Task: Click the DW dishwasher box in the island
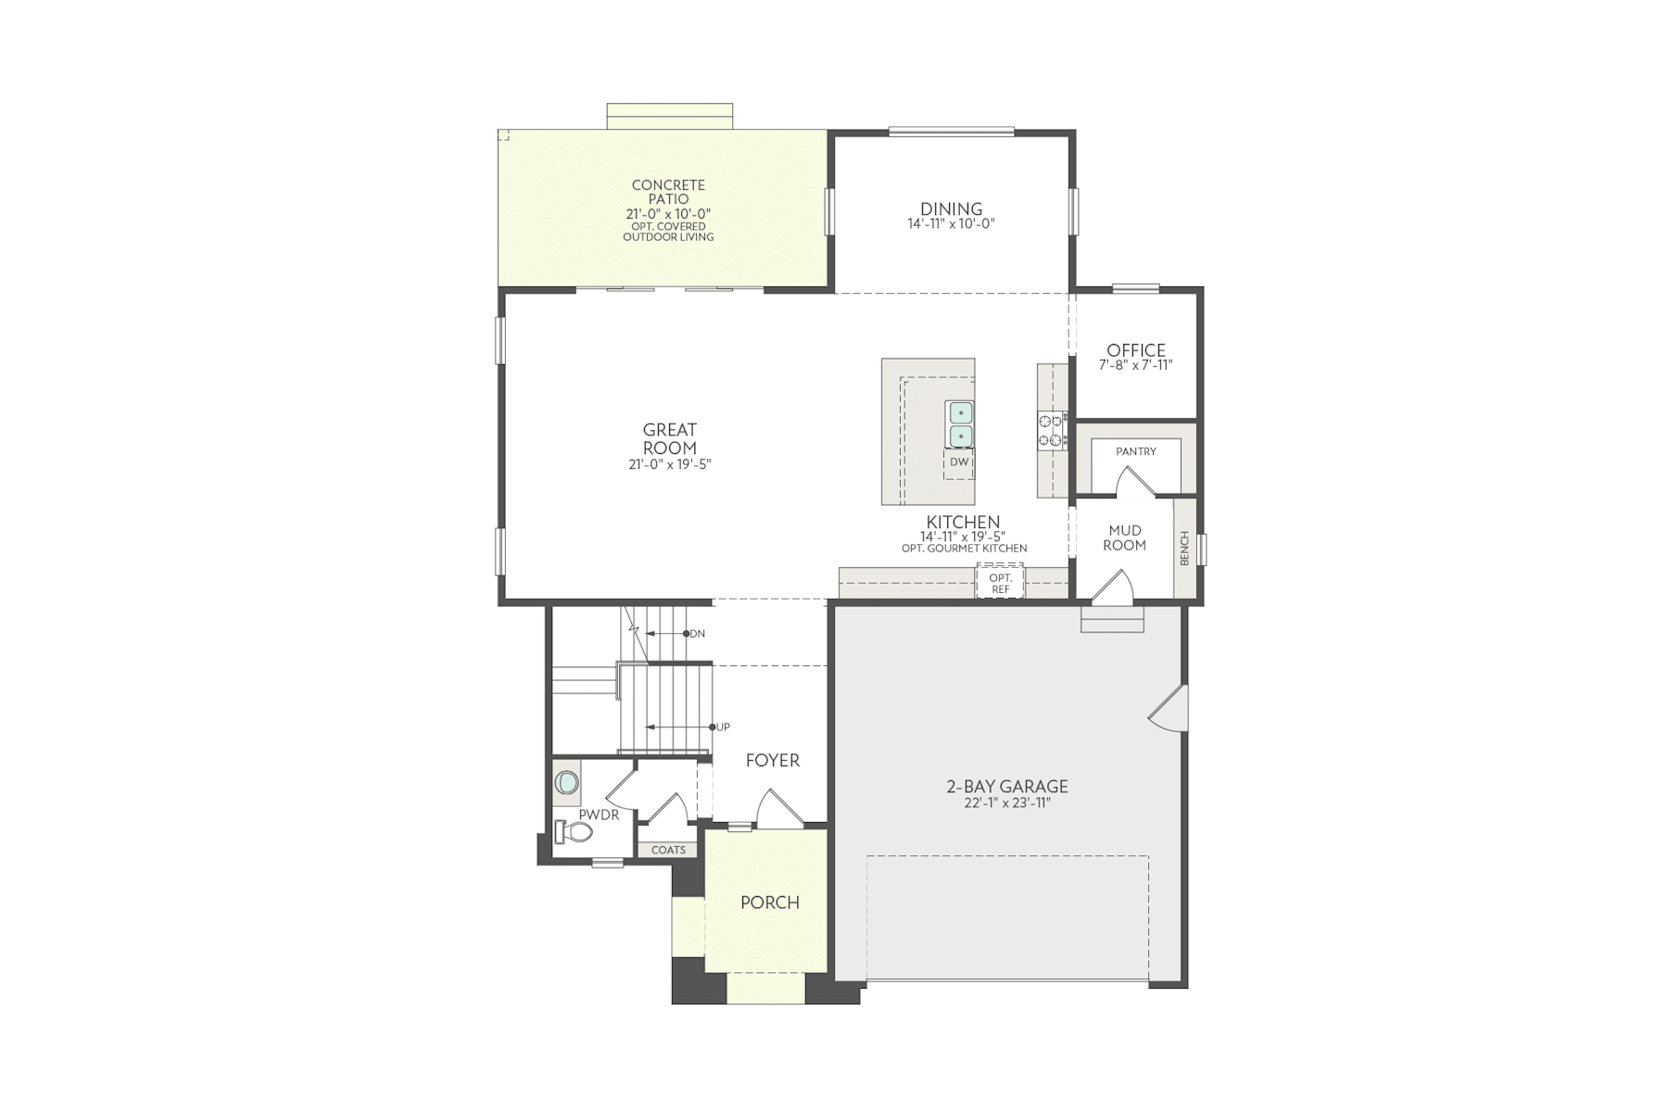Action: coord(959,462)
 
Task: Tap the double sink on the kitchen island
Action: coord(960,423)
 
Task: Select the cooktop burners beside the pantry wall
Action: coord(1052,431)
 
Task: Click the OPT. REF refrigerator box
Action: coord(1000,583)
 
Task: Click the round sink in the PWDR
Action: coord(566,784)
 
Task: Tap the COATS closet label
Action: coord(668,850)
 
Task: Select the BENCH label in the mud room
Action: coord(1184,549)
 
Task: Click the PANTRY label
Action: coord(1135,451)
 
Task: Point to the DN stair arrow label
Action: coord(696,634)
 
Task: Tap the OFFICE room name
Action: coord(1136,350)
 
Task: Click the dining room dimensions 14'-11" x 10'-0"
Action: coord(951,223)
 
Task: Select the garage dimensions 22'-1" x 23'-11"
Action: coord(1006,803)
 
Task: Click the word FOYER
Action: coord(772,761)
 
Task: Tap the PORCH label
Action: coord(769,903)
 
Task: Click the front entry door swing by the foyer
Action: coord(778,809)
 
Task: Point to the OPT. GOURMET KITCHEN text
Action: coord(964,549)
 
